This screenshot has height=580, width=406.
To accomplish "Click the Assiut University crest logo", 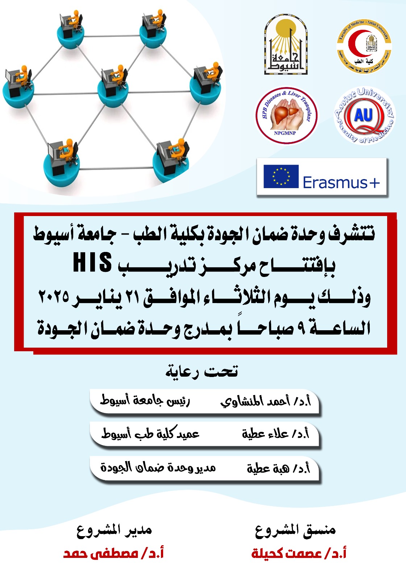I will pyautogui.click(x=286, y=45).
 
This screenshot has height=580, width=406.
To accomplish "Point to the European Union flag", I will pyautogui.click(x=281, y=177).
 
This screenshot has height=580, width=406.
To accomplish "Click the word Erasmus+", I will pyautogui.click(x=341, y=182).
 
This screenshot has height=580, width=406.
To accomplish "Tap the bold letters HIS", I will pyautogui.click(x=93, y=263).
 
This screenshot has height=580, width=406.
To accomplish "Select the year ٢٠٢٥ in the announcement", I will pyautogui.click(x=54, y=297).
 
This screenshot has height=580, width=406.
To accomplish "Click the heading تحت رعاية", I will pyautogui.click(x=202, y=372).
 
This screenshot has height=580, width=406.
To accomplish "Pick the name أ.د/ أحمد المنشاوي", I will pyautogui.click(x=265, y=401).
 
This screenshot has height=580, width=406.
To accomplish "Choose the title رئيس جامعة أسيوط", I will pyautogui.click(x=145, y=401).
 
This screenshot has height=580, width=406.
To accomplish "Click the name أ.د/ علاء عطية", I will pyautogui.click(x=275, y=433).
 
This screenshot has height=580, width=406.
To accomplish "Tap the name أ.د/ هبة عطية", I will pyautogui.click(x=278, y=468).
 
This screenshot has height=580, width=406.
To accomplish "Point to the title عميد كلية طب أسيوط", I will pyautogui.click(x=150, y=433).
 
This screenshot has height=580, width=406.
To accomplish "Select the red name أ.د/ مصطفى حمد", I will pyautogui.click(x=113, y=554).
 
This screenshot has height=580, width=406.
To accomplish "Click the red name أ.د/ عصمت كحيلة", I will pyautogui.click(x=299, y=554).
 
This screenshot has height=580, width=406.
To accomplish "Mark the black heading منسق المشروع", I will pyautogui.click(x=295, y=530).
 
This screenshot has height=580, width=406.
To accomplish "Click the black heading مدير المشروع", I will pyautogui.click(x=114, y=530).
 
